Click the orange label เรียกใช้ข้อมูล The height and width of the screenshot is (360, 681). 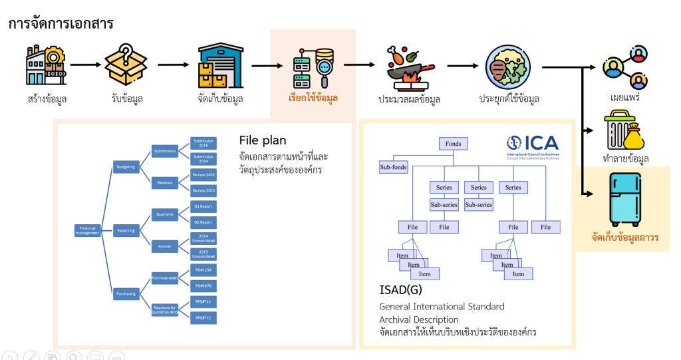[313, 98]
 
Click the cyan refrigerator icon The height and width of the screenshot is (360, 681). [625, 200]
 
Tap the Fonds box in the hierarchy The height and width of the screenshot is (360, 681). [453, 143]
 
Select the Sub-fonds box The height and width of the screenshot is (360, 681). [393, 167]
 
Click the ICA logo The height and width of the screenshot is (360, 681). [532, 143]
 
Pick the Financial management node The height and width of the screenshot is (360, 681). [87, 230]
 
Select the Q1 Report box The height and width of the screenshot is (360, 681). [203, 206]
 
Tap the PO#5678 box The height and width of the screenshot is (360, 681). [203, 285]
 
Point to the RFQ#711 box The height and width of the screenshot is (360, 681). [203, 301]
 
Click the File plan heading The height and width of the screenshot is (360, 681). [263, 140]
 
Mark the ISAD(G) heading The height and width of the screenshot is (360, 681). [400, 290]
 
